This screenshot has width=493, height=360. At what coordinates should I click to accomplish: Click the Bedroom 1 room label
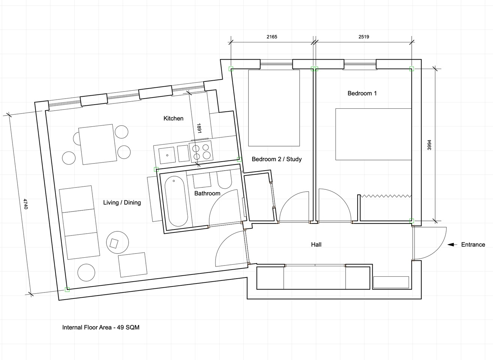coord(362,93)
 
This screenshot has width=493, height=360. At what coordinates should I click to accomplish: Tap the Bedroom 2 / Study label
coord(277,159)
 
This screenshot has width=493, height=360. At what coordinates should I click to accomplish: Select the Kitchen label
coord(174,118)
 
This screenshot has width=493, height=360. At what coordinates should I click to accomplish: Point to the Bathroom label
coord(207,193)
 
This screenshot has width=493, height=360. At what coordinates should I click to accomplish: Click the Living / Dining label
coord(122,202)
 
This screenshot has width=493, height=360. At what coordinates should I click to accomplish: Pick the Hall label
coord(316,244)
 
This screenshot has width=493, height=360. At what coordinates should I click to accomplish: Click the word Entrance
coord(473,244)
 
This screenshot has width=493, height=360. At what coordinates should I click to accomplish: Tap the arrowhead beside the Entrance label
coord(451,244)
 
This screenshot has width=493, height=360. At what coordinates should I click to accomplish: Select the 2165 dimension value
coord(272,37)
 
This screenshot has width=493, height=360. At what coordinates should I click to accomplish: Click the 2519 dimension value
coord(364,37)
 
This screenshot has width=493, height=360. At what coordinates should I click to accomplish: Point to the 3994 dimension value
coord(429,145)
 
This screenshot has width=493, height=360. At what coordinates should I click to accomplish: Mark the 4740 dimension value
coord(25,204)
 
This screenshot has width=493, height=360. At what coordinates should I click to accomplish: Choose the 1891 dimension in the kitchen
coord(199,128)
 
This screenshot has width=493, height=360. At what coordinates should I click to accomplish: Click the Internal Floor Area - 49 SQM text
coord(101,327)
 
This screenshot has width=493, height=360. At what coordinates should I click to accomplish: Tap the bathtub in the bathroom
coord(176,201)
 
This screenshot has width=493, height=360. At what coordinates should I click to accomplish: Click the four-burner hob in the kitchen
coord(201,151)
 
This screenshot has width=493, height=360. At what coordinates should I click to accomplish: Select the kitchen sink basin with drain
coord(167,156)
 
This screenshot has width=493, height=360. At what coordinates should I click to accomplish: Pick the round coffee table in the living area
coord(117,242)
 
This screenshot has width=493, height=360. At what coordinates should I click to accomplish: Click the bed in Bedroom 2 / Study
coord(274,108)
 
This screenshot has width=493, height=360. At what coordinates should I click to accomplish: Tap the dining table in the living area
coord(98,144)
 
